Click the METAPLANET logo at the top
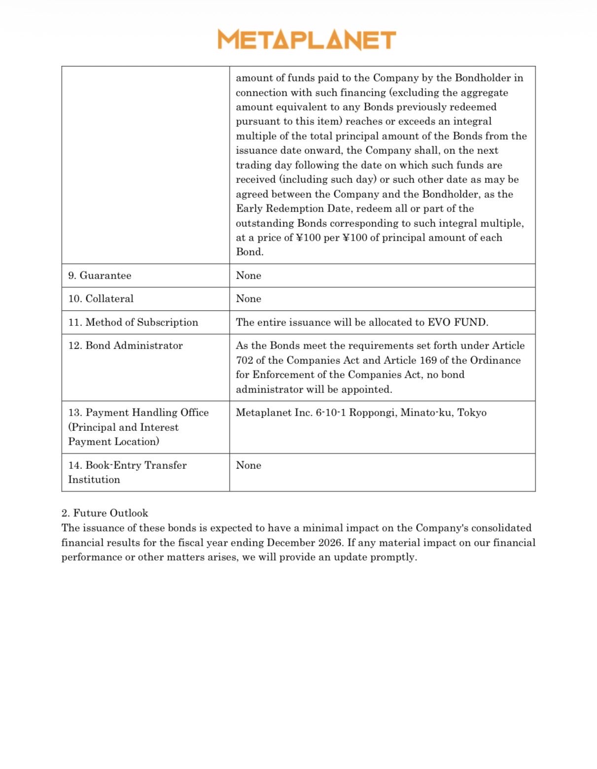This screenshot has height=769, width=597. pyautogui.click(x=307, y=39)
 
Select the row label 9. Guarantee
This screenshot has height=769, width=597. pyautogui.click(x=100, y=276)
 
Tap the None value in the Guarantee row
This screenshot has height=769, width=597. pyautogui.click(x=248, y=276)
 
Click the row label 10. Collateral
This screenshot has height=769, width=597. pyautogui.click(x=101, y=299)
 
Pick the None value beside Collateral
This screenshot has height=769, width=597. pyautogui.click(x=248, y=299)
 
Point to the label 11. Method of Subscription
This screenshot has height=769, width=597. pyautogui.click(x=133, y=322)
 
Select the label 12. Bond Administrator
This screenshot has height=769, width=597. pyautogui.click(x=125, y=346)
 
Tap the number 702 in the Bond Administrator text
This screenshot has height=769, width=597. pyautogui.click(x=244, y=360)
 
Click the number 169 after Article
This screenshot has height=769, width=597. pyautogui.click(x=429, y=360)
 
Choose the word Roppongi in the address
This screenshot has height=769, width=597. pyautogui.click(x=372, y=413)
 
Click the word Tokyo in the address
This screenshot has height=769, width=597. pyautogui.click(x=472, y=413)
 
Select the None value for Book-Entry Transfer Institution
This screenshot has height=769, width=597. pyautogui.click(x=248, y=465)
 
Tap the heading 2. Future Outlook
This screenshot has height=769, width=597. pyautogui.click(x=105, y=513)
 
